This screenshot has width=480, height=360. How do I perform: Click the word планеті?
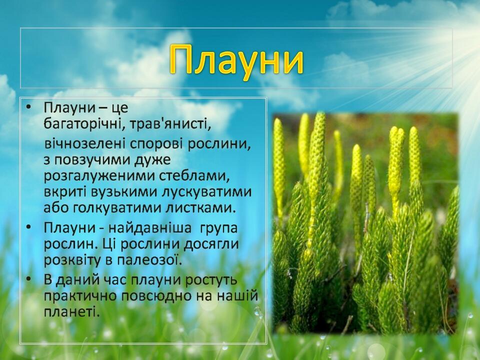click(71, 312)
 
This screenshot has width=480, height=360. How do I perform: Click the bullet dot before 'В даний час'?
click(29, 279)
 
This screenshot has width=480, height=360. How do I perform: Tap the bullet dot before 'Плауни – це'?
click(29, 107)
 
